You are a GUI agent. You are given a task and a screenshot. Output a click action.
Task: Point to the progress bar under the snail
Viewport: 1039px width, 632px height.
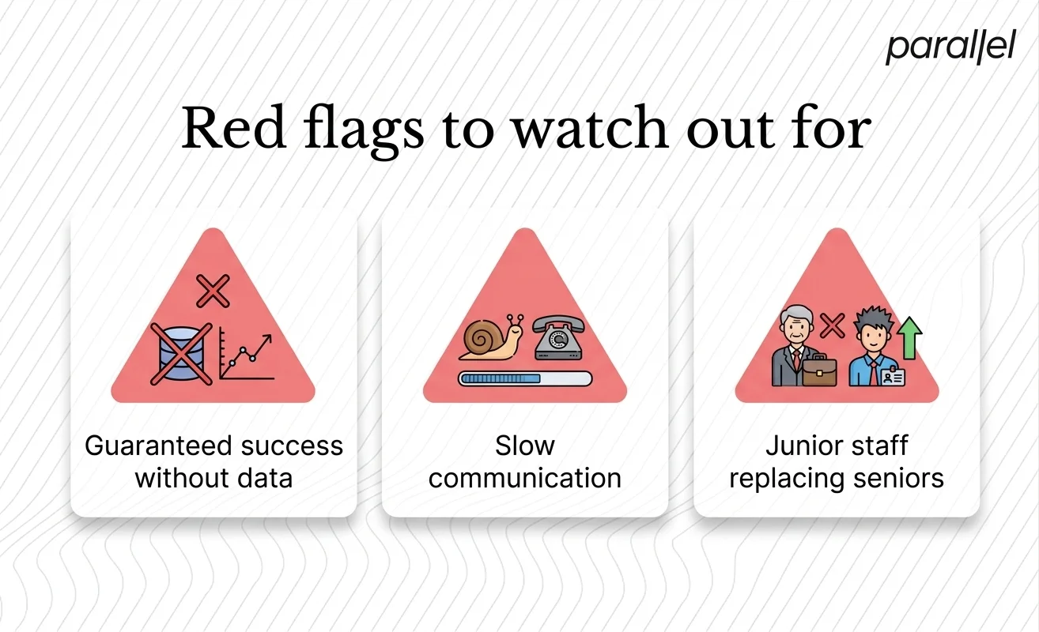tap(525, 378)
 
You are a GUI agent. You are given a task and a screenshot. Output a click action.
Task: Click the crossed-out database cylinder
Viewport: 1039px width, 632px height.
tap(181, 354)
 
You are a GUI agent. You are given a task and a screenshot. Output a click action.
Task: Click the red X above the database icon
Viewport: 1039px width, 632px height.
tap(213, 291)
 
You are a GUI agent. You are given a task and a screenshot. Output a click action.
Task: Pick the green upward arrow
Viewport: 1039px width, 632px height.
tap(911, 336)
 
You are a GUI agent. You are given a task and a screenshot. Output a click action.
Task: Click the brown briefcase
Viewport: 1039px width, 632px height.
tap(819, 370)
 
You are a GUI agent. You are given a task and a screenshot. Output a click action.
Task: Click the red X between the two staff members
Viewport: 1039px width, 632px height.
tap(831, 324)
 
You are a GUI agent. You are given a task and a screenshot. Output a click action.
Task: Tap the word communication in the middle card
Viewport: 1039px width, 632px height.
tap(525, 479)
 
